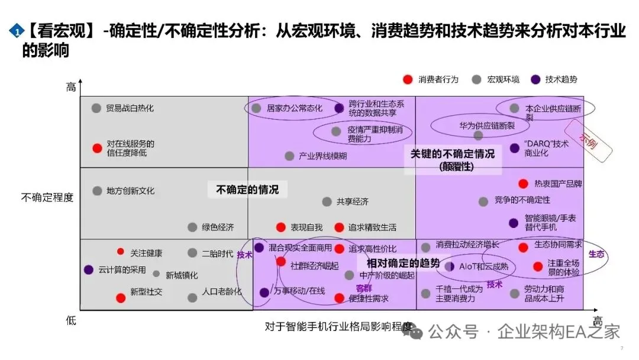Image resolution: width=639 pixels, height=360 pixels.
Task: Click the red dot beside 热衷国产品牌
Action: click(x=523, y=184)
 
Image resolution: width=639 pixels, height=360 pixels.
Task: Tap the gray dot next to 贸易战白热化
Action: click(x=96, y=108)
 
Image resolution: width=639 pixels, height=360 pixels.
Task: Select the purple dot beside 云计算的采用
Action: click(x=89, y=269)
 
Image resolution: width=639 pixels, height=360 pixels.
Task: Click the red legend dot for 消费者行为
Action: click(x=407, y=79)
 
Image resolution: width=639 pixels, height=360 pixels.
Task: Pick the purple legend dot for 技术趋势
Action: click(x=535, y=79)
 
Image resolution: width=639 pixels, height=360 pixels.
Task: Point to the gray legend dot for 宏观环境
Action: click(x=476, y=79)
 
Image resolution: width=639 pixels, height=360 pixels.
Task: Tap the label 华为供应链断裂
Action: click(x=487, y=126)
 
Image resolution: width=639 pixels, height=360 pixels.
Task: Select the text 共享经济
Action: click(x=353, y=201)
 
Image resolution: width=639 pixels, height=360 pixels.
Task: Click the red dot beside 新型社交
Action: click(x=121, y=298)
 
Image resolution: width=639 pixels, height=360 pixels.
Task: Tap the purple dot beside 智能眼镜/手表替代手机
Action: click(x=514, y=223)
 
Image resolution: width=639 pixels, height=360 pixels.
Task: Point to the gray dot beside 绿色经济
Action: click(x=192, y=227)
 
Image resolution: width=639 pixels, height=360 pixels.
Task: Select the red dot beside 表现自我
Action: click(x=281, y=227)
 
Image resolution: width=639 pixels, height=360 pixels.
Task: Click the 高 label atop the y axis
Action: click(x=71, y=88)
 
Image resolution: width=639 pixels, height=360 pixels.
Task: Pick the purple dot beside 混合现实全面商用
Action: click(x=259, y=247)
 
